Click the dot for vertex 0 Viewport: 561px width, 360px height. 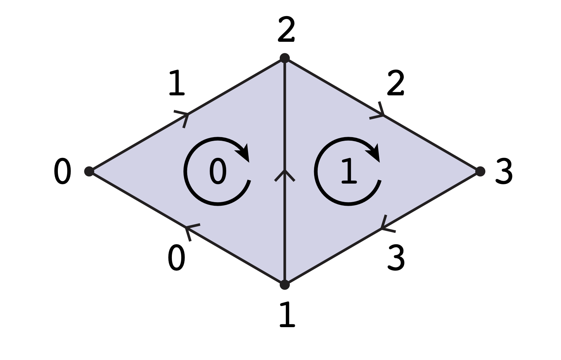(89, 171)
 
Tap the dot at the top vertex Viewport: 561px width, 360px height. (284, 58)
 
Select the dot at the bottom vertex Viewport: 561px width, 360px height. (284, 284)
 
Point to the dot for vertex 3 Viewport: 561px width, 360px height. (480, 171)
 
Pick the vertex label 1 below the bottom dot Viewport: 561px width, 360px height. (287, 315)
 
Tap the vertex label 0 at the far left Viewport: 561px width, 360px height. (63, 172)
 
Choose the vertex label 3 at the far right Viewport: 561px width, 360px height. (504, 172)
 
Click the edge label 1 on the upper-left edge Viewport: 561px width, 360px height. (176, 83)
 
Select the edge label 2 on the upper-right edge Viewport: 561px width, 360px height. (396, 83)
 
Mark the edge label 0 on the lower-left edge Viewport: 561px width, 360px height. (176, 258)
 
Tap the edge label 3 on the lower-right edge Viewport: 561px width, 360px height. (396, 258)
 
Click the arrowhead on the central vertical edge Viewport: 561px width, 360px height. (284, 175)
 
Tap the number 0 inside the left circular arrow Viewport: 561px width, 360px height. (218, 172)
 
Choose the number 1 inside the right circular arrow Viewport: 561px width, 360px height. (348, 172)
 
